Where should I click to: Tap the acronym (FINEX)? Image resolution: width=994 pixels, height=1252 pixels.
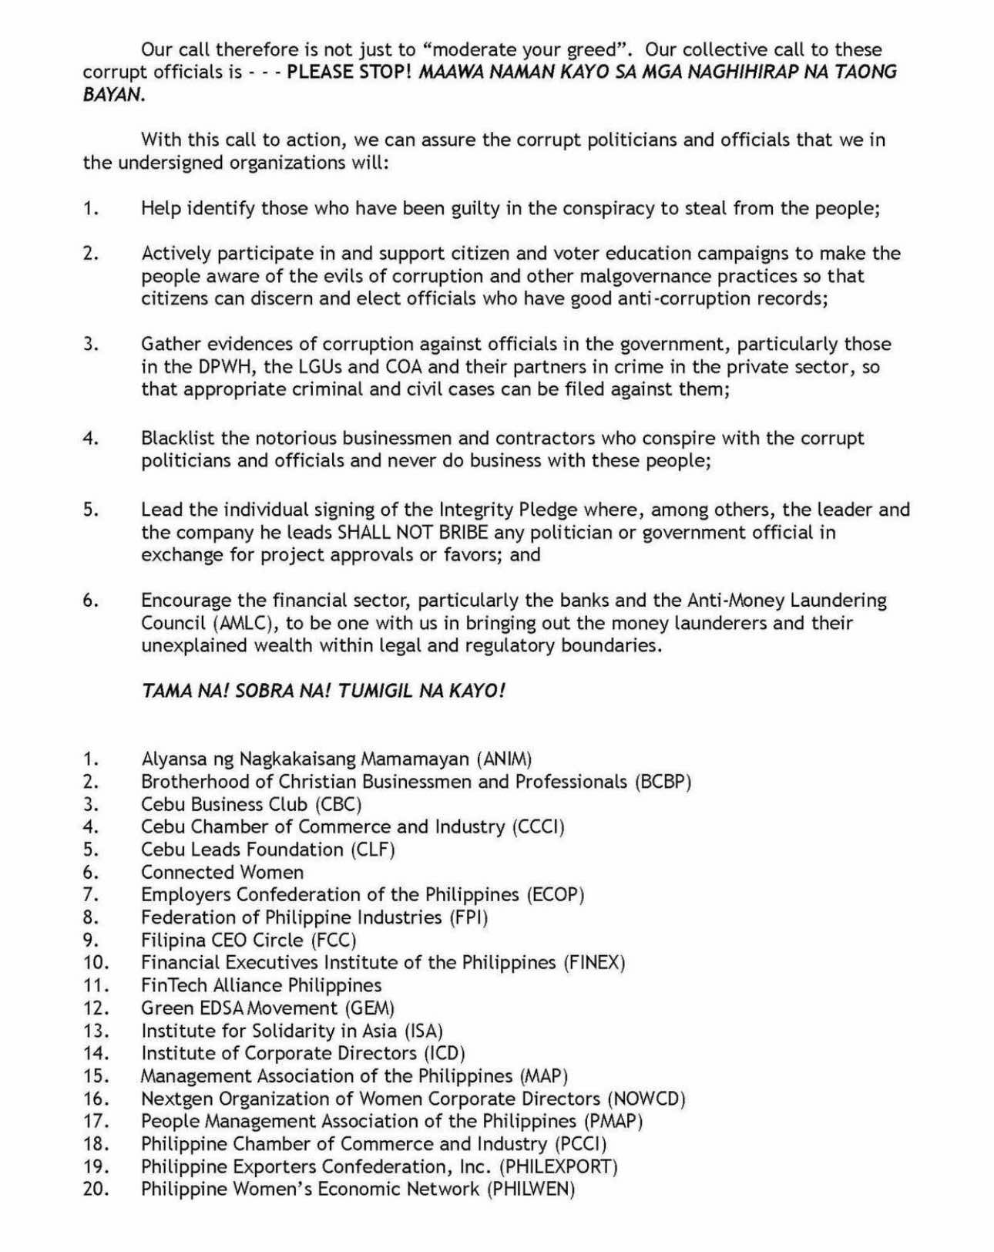tap(594, 963)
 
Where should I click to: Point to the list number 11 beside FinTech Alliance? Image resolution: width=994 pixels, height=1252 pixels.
tap(96, 985)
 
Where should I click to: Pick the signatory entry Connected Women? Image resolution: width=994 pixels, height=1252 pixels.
tap(222, 873)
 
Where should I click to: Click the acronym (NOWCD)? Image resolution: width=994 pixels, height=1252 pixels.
tap(646, 1099)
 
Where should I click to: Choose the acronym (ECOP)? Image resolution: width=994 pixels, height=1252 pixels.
tap(556, 895)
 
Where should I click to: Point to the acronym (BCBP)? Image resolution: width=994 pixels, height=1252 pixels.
tap(663, 782)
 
